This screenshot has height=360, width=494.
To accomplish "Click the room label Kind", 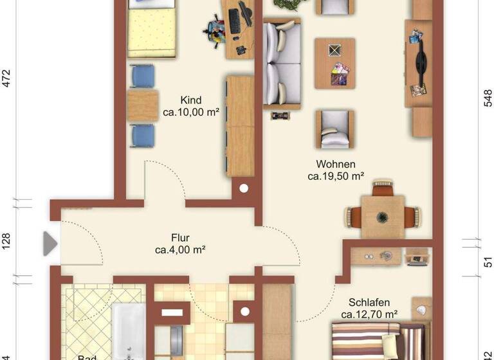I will [x=191, y=100].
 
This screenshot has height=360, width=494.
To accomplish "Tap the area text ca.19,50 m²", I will [x=336, y=175].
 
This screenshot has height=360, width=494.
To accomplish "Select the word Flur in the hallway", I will [x=180, y=237].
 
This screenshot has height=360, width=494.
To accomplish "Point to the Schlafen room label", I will [x=369, y=303].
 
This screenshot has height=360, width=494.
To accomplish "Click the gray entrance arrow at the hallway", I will [x=50, y=244].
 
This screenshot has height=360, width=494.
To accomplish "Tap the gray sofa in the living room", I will [x=281, y=62].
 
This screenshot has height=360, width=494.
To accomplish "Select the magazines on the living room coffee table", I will [x=338, y=74].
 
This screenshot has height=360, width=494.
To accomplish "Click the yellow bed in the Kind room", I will [x=152, y=31].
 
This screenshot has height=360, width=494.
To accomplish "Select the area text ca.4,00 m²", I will [x=180, y=249].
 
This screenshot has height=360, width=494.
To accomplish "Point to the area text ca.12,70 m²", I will [x=369, y=314].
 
